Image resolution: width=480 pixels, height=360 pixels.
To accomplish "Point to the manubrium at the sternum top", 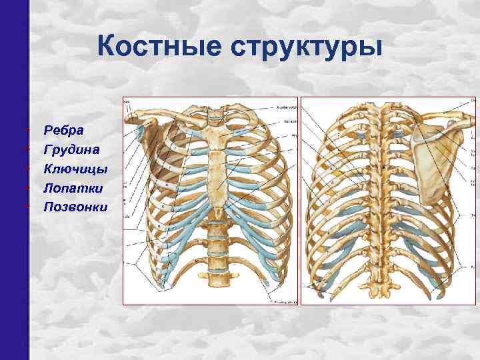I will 214,137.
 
